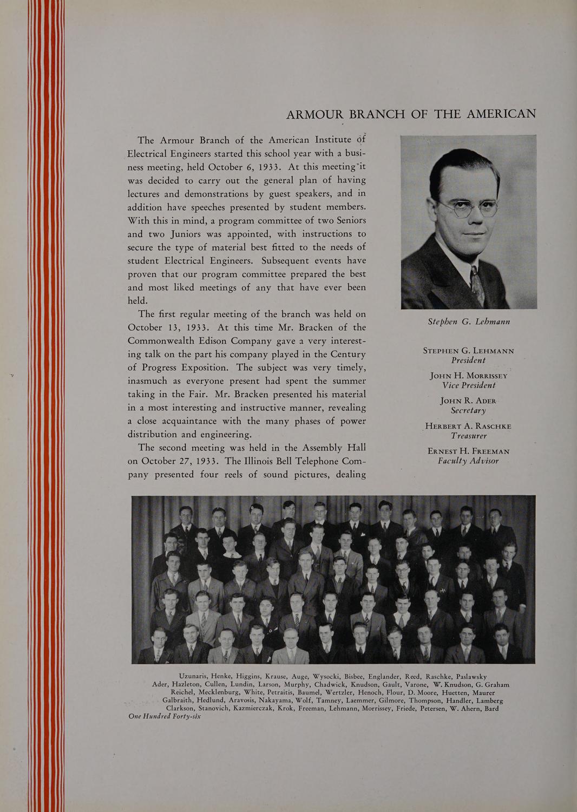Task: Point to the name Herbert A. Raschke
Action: (469, 426)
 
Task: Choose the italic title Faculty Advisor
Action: (469, 461)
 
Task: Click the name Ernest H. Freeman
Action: (469, 451)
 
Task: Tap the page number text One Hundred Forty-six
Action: (165, 716)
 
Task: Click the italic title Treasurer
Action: (469, 436)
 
